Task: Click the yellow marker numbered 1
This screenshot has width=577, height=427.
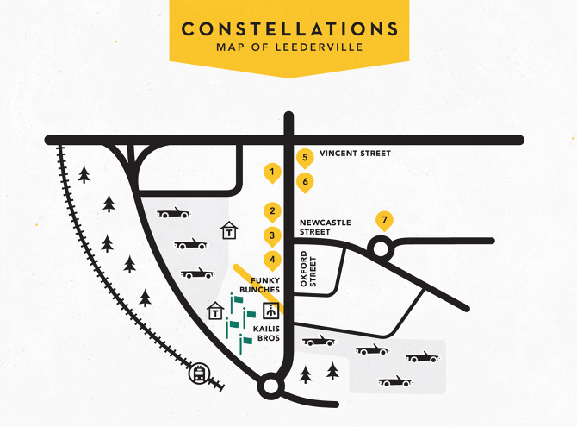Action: click(x=272, y=173)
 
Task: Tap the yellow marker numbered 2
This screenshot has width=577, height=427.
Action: click(x=272, y=211)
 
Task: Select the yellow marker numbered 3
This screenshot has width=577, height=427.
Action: click(x=272, y=235)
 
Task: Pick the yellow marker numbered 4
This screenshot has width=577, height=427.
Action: click(x=272, y=260)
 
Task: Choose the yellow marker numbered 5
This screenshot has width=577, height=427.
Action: click(x=304, y=158)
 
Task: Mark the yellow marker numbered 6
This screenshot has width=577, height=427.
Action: click(x=304, y=182)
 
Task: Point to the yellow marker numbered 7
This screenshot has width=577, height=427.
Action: click(x=384, y=220)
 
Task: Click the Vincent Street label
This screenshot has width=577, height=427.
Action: click(x=355, y=154)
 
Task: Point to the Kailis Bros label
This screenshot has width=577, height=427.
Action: click(x=266, y=333)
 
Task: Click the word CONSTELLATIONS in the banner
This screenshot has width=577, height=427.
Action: click(x=288, y=28)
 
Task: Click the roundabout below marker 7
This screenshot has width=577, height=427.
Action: click(x=380, y=250)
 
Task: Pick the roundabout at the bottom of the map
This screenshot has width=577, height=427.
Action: click(x=270, y=386)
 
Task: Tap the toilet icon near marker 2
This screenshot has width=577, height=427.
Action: click(x=229, y=230)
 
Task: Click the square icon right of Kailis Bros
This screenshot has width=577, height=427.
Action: click(x=273, y=309)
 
